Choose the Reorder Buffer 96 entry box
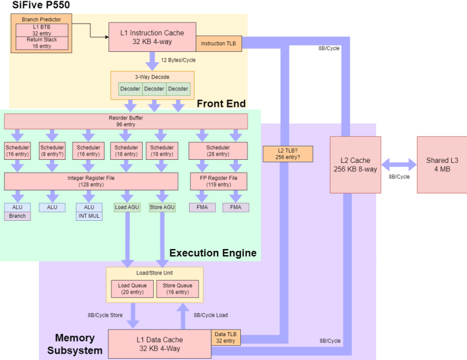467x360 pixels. click(126, 121)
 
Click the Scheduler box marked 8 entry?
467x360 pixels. click(52, 151)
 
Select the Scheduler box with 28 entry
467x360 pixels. click(218, 151)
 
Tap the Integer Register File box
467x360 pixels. click(91, 181)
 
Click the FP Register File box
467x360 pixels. click(218, 181)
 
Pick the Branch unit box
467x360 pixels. click(18, 216)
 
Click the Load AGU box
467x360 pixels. click(127, 207)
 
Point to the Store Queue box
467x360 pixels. click(177, 289)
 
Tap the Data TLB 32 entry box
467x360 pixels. click(225, 337)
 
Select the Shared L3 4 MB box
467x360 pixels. click(441, 165)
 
